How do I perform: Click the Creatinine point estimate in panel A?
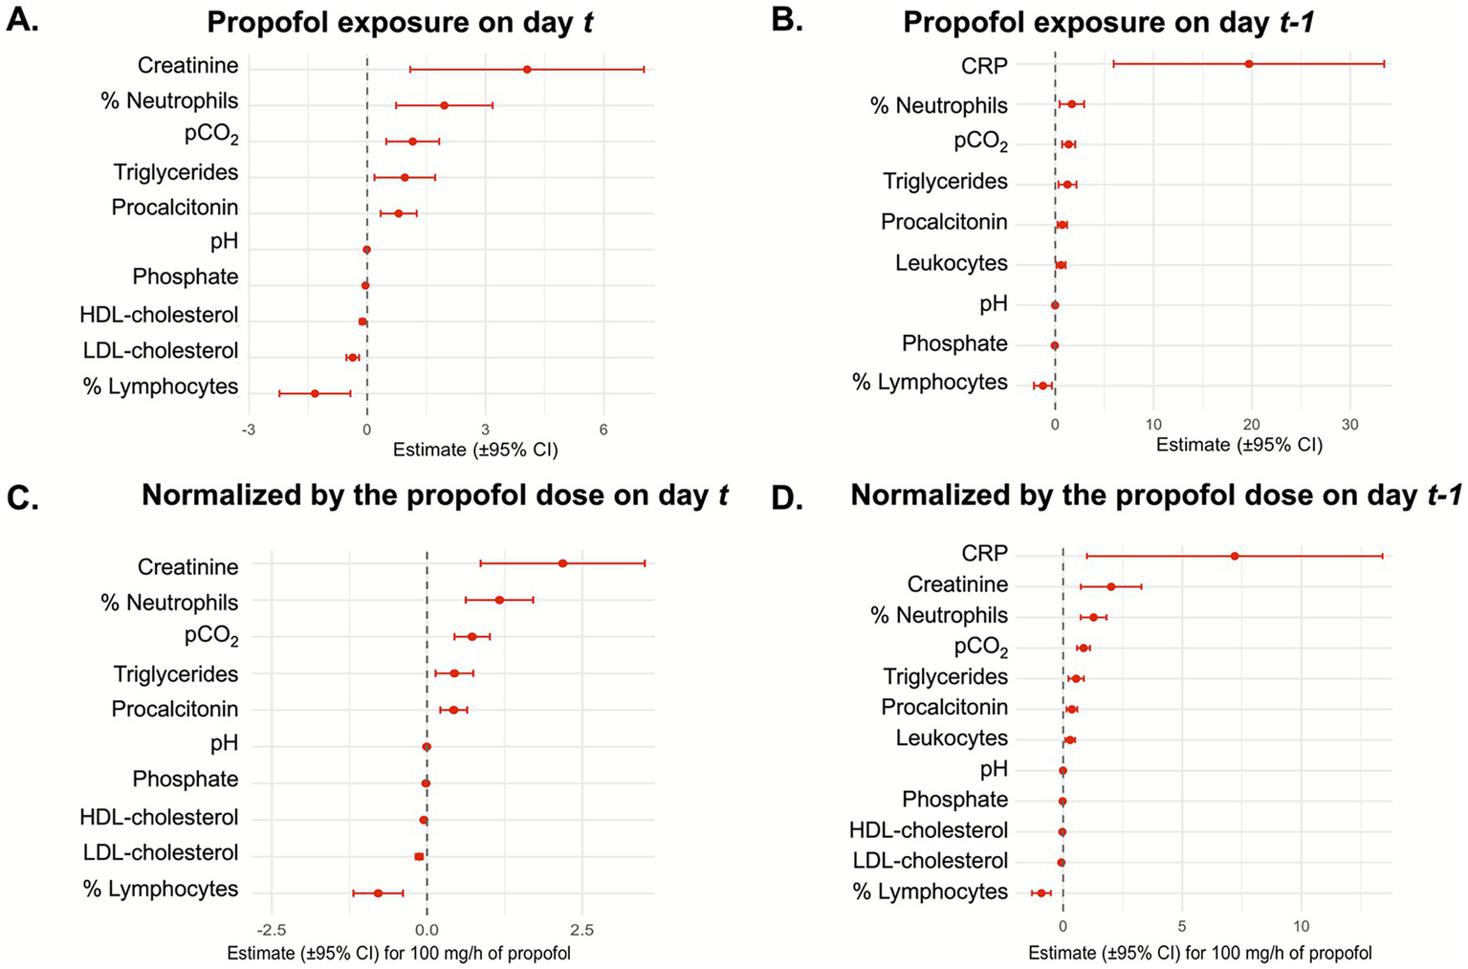(527, 69)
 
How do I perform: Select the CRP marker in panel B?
(1248, 64)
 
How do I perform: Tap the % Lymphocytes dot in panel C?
(378, 892)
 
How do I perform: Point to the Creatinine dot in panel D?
(1110, 586)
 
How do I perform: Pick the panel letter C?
(23, 497)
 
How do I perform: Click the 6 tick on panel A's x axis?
(603, 430)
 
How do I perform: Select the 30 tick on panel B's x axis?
(1349, 425)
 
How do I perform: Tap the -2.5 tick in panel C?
(272, 930)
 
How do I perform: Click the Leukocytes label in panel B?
(951, 263)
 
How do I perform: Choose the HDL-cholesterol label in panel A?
(159, 315)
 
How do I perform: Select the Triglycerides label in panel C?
(175, 674)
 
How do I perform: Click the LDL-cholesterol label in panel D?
(930, 861)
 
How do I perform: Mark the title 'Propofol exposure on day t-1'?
(1108, 22)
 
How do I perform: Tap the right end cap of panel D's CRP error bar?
(1382, 556)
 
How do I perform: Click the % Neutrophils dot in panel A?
(444, 105)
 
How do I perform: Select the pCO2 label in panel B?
(980, 142)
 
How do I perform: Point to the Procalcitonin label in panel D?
(944, 707)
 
